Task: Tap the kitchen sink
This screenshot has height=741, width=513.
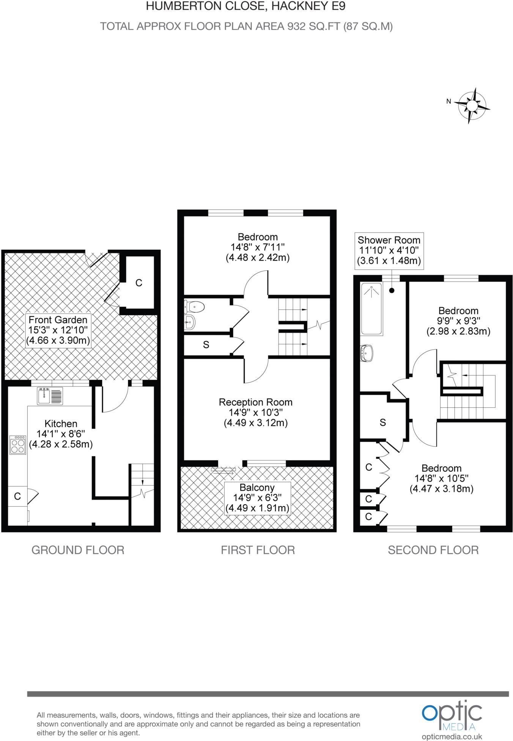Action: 50,396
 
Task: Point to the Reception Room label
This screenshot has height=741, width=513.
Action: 255,402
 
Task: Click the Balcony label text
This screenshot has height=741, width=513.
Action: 257,487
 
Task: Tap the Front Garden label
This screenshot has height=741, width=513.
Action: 58,320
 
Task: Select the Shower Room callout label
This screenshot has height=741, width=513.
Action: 389,250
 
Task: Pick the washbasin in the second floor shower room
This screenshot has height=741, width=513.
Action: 367,353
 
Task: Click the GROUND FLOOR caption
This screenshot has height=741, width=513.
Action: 78,550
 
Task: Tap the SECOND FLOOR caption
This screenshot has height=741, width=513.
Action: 433,550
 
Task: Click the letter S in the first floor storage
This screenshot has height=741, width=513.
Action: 206,345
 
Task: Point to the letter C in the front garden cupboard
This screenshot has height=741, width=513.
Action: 139,283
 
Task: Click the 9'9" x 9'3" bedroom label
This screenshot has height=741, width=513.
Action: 458,321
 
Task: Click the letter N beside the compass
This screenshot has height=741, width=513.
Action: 448,101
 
